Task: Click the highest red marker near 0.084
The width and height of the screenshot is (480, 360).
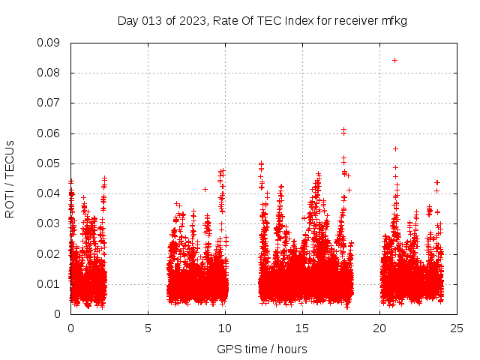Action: click(394, 60)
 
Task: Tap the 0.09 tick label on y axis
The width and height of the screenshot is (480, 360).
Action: click(49, 43)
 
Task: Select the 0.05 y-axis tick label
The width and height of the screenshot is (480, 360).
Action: click(49, 163)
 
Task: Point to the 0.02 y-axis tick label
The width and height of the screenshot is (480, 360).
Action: click(49, 253)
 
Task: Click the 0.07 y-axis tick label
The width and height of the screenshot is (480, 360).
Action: click(49, 103)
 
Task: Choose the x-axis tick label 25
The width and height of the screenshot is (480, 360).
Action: click(457, 328)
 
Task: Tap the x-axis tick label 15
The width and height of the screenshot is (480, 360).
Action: click(302, 328)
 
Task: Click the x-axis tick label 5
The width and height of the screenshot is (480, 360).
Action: click(148, 328)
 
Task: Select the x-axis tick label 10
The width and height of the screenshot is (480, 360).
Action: click(225, 328)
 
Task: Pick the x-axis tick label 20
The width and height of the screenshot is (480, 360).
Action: click(379, 328)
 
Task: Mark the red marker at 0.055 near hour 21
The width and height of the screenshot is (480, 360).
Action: click(395, 148)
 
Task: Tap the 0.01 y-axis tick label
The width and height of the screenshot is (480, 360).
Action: click(49, 283)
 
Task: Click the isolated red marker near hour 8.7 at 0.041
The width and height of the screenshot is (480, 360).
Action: click(205, 189)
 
